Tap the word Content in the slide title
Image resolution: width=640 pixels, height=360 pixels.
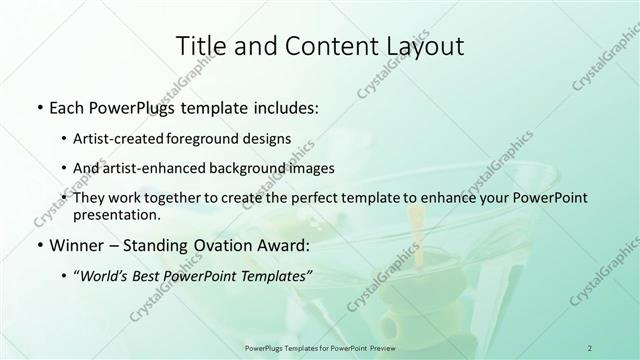(319, 46)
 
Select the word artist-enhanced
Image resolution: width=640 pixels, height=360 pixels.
(163, 168)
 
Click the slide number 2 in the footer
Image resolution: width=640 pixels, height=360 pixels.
(589, 347)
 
